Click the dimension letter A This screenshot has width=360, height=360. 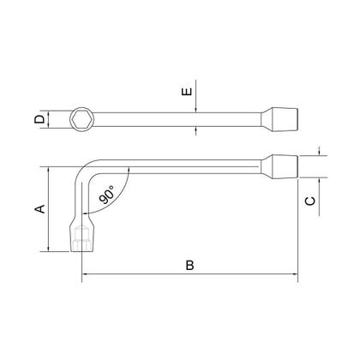pos(40,209)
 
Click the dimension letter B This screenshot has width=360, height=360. pos(189,265)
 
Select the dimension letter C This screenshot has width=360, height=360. pos(310,201)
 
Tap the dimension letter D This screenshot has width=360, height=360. pos(39,119)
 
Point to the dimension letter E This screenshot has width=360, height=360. pos(187,92)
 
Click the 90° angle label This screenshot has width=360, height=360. pos(106,195)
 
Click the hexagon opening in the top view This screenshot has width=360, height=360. pos(81,119)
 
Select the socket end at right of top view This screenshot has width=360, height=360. pos(280,119)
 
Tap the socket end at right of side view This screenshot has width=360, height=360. pos(280,167)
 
